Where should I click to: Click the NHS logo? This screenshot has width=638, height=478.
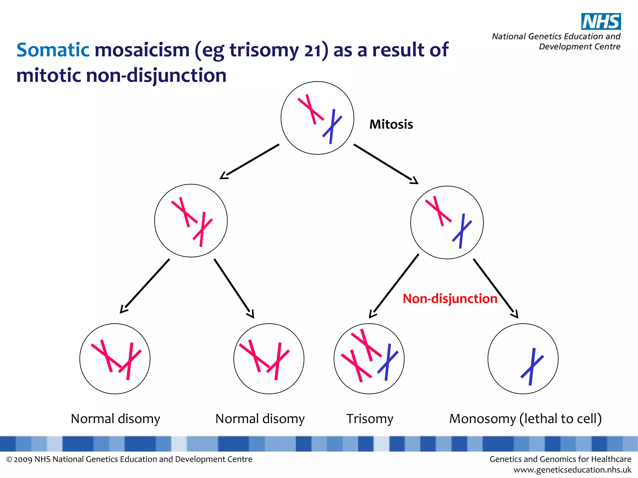point(601,21)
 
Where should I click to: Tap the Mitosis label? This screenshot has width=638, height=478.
point(391,124)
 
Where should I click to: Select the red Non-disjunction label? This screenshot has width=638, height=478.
point(450,298)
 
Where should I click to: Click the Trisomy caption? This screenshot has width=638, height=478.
point(370,419)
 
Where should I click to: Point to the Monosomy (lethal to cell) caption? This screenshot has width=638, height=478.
point(525,419)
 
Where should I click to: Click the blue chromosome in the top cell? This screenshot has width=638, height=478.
point(332,126)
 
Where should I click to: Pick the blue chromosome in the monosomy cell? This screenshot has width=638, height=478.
point(532,367)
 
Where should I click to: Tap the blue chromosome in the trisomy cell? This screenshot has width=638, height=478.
point(388,362)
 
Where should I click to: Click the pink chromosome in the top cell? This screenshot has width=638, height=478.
point(311,109)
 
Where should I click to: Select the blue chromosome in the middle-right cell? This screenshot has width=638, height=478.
point(462,231)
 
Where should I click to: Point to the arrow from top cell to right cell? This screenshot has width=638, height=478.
point(385,164)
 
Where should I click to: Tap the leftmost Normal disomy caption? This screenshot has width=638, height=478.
point(115,419)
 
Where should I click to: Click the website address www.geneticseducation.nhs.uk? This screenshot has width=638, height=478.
point(572,470)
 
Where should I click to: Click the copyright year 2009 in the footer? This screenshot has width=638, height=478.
point(23,459)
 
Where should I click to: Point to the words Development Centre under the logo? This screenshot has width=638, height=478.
point(579,47)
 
